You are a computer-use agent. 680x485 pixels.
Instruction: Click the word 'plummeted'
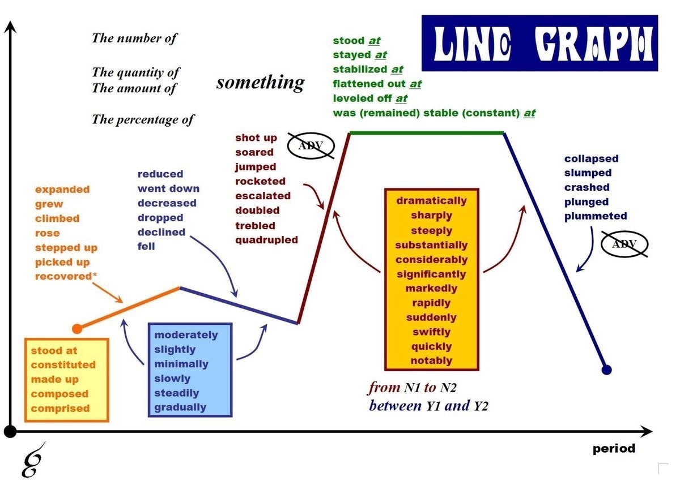point(596,216)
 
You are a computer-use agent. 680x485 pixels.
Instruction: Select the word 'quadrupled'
point(266,240)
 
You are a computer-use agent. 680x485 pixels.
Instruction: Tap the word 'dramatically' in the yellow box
point(431,201)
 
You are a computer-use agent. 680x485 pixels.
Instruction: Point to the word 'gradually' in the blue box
point(180,407)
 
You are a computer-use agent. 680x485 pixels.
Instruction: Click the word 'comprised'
point(60,409)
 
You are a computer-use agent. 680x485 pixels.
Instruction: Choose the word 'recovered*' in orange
point(63,277)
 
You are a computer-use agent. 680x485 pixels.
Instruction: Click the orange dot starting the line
point(78,328)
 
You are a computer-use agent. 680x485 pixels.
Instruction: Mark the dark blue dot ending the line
point(606,370)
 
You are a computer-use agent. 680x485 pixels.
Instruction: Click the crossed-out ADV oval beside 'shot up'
point(310,146)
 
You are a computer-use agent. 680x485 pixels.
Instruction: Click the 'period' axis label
point(614,449)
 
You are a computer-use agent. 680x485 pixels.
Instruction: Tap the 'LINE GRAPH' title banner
point(539,43)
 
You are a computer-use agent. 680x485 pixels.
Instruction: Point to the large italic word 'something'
point(260,83)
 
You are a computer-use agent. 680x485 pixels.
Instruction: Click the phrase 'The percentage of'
point(143,119)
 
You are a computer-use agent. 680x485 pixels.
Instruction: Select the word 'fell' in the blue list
point(146,247)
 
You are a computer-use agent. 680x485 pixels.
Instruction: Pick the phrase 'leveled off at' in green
point(370,98)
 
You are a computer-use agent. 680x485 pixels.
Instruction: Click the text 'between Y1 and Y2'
point(428,406)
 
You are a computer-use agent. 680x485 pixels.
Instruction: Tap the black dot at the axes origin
point(10,432)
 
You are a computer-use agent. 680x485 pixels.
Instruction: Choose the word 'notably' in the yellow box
point(432,361)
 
